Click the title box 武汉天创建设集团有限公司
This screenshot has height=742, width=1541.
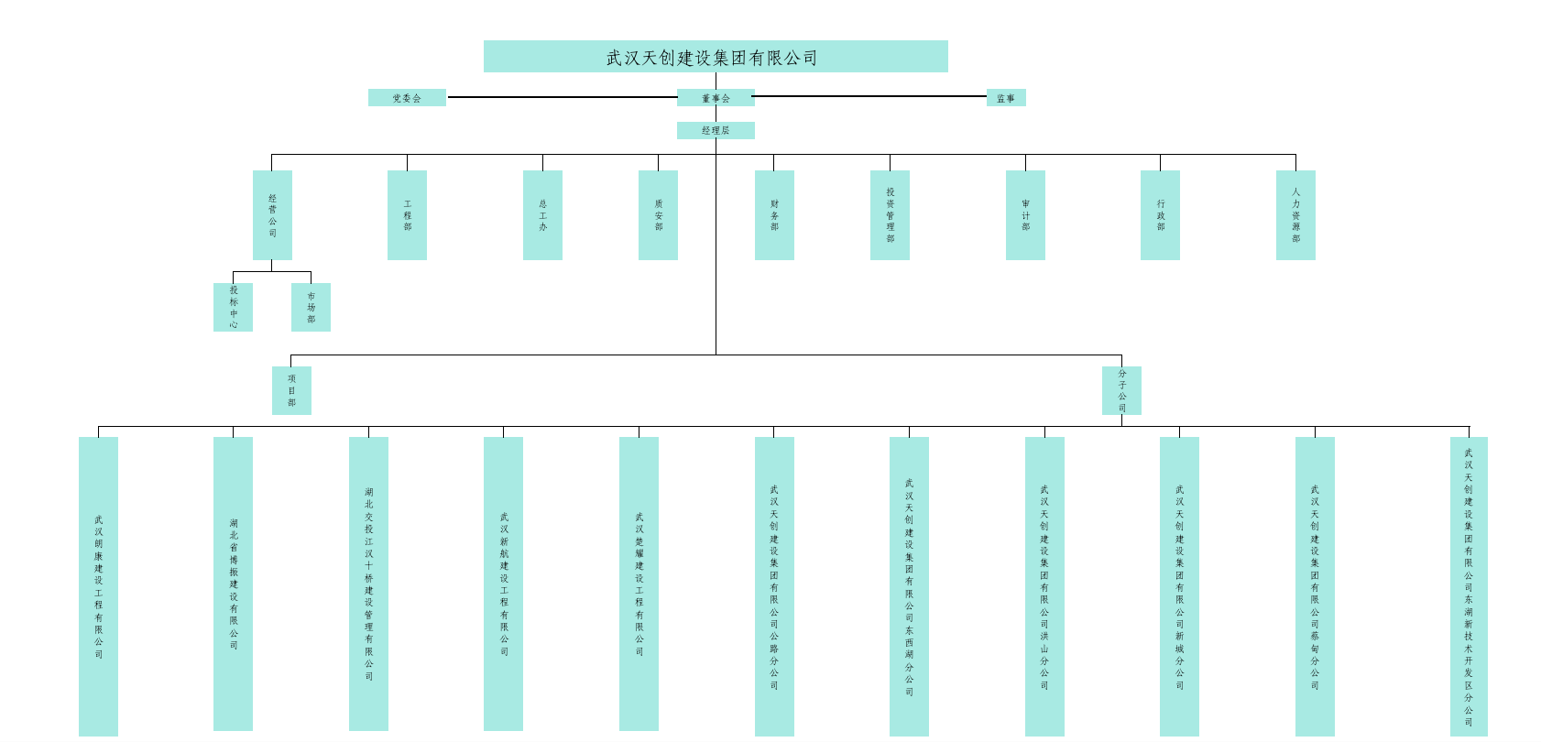(715, 57)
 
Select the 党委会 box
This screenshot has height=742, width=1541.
(407, 98)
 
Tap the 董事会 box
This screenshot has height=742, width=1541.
(716, 98)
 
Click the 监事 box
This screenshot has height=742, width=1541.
(1006, 98)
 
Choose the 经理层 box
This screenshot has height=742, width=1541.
(716, 131)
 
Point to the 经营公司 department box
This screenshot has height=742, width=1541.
(272, 215)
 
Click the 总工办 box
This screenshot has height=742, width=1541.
(542, 215)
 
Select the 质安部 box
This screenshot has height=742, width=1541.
(658, 215)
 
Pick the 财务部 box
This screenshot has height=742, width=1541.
(774, 215)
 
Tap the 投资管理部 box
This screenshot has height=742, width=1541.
(890, 215)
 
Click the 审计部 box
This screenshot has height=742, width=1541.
(1025, 215)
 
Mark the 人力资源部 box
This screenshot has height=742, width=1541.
(1295, 215)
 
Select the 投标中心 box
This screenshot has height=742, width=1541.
(233, 307)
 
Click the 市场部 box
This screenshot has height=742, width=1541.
(311, 307)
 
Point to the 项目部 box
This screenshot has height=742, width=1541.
(291, 390)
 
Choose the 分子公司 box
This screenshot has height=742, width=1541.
(1121, 390)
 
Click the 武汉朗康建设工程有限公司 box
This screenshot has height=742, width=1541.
(98, 586)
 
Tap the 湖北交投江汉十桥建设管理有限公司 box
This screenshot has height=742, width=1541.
(368, 584)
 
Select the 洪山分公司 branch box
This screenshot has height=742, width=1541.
(1044, 586)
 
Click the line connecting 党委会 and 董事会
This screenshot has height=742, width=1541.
(561, 97)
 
